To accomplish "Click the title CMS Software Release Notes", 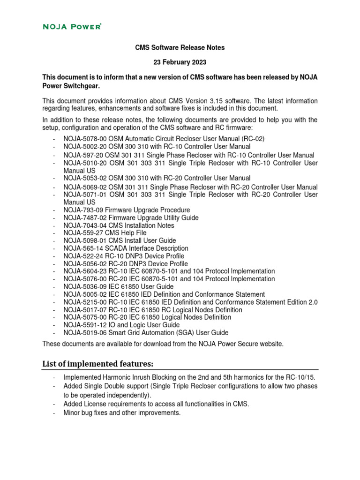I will click(x=180, y=47).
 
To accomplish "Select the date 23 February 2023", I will click(x=180, y=62).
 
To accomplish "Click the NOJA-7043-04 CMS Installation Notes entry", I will click(x=119, y=225).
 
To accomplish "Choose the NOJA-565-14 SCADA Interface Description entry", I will click(x=126, y=248).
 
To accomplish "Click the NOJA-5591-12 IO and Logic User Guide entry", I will click(x=121, y=325).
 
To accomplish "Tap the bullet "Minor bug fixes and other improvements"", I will click(x=122, y=413).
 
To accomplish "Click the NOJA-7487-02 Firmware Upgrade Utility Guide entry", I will click(x=131, y=217).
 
